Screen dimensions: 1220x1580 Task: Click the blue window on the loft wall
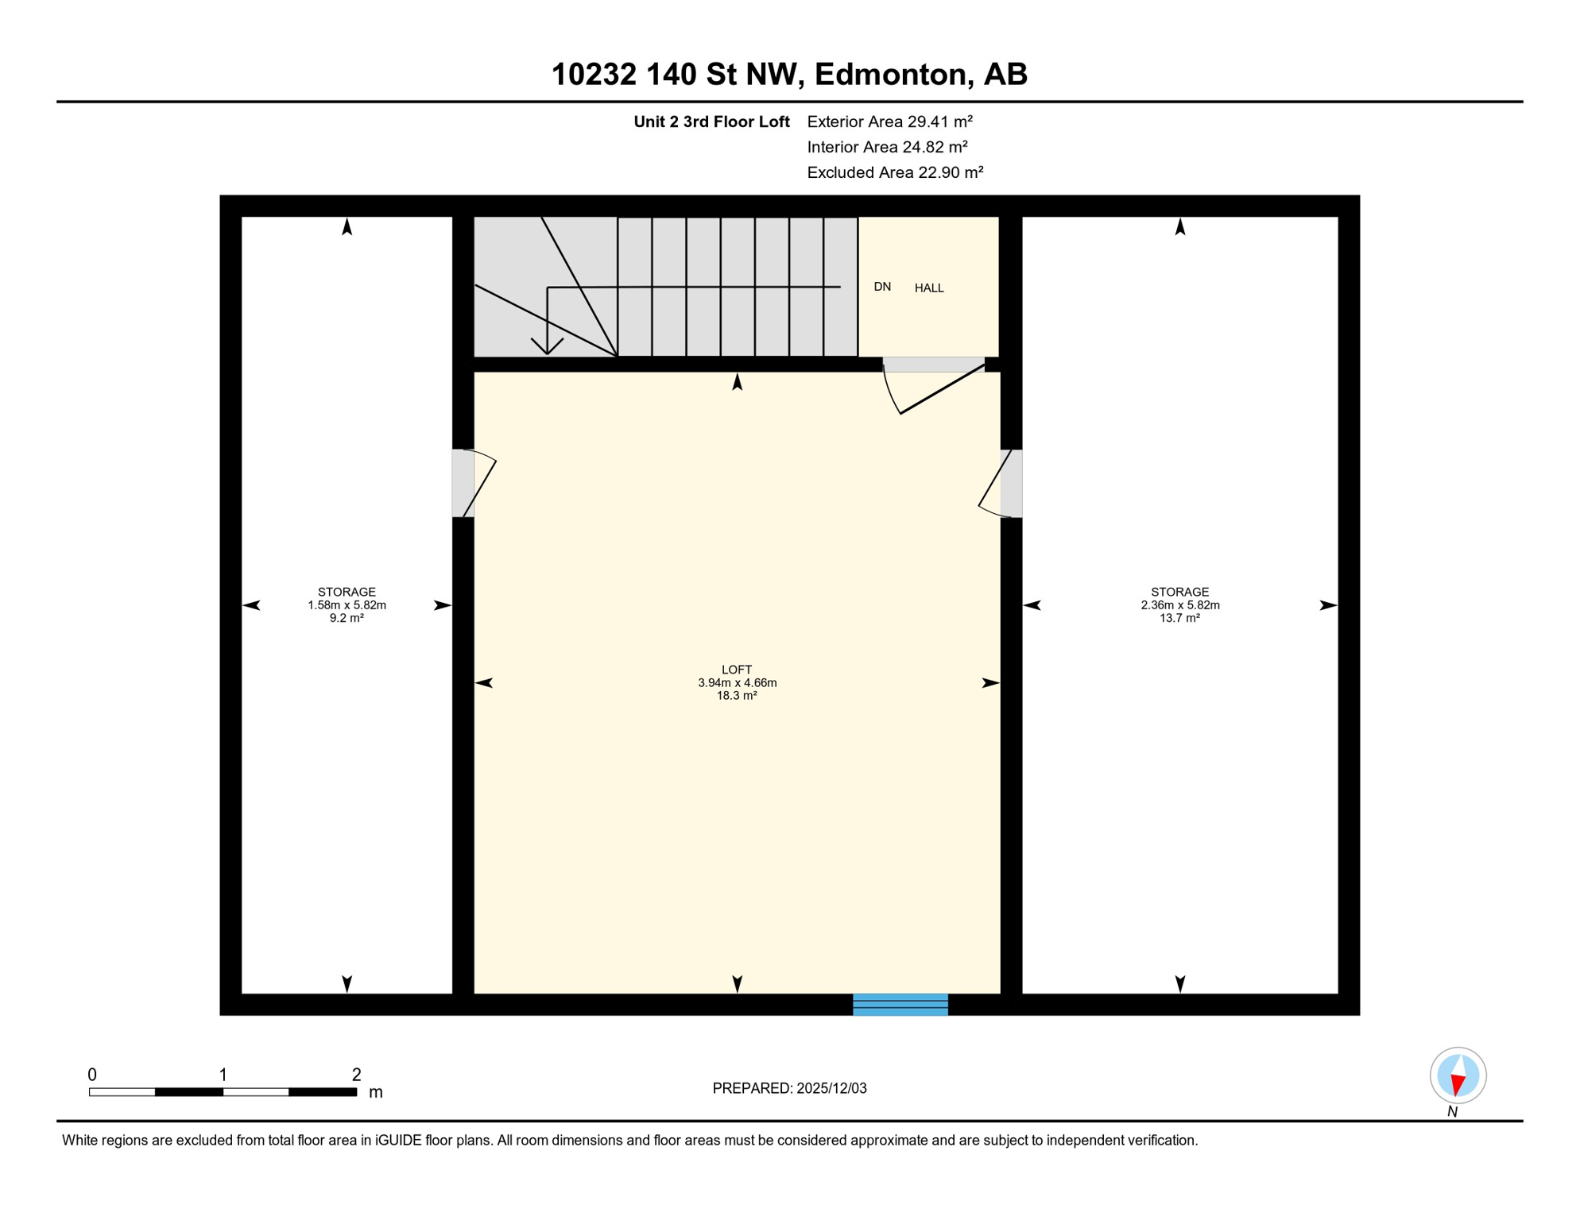(900, 1004)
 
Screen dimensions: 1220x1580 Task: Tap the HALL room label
(928, 288)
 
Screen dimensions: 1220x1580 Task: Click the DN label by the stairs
(882, 287)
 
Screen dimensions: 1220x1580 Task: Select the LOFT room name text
(737, 670)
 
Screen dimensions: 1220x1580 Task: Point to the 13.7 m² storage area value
(1179, 618)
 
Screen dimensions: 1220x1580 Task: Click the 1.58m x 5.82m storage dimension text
(347, 605)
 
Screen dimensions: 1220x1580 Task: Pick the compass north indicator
(1458, 1076)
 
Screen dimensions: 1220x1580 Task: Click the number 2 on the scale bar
(356, 1075)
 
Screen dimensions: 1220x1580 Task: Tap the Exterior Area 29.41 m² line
(889, 122)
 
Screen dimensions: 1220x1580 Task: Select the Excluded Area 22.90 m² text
(895, 172)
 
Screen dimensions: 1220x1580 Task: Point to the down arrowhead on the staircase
(547, 347)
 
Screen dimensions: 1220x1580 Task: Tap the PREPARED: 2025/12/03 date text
(789, 1088)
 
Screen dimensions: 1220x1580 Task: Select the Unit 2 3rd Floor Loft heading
(711, 122)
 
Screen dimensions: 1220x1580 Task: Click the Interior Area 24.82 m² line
(887, 147)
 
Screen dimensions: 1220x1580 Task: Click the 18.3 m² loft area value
(737, 696)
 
